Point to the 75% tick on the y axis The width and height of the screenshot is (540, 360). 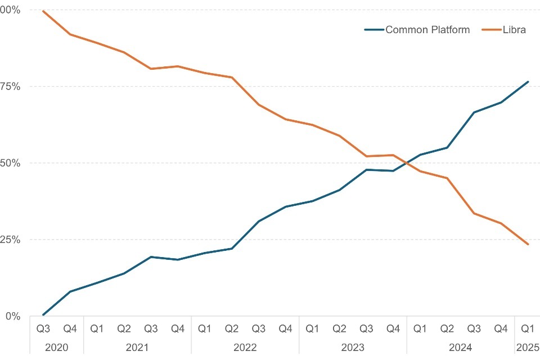click(11, 87)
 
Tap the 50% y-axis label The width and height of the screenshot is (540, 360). click(11, 163)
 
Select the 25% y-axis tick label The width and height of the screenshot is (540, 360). click(11, 240)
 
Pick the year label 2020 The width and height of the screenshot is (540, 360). click(56, 348)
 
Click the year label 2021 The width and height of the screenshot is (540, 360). click(137, 348)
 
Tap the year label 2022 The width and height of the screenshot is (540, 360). click(245, 348)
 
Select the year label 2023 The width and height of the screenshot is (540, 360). click(353, 348)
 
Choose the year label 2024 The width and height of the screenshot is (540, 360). click(461, 348)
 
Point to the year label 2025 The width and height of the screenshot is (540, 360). click(528, 348)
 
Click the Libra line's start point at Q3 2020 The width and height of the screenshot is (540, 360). click(43, 11)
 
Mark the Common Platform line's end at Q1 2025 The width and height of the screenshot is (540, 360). click(528, 82)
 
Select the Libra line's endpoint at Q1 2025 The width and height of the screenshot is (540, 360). click(528, 244)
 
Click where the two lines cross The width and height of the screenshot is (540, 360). click(407, 163)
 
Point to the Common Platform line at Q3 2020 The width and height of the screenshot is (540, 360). click(43, 314)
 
